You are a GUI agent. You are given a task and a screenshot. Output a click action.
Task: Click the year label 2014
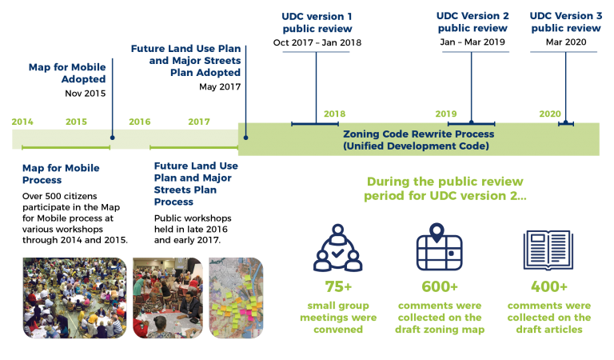click(x=22, y=122)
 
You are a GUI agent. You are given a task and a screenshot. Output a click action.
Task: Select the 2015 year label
click(x=77, y=122)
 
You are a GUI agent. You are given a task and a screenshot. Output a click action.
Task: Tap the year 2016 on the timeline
click(x=140, y=122)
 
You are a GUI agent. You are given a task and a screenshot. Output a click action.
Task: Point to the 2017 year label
click(x=199, y=122)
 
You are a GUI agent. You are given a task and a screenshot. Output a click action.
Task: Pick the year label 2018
click(x=334, y=114)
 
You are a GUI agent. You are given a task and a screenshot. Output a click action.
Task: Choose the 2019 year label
click(x=446, y=114)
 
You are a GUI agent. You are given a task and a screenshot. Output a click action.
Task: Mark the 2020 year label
click(x=550, y=114)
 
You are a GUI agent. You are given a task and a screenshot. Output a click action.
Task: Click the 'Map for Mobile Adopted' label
click(x=67, y=74)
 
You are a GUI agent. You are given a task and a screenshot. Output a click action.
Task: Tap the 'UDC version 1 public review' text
click(x=317, y=22)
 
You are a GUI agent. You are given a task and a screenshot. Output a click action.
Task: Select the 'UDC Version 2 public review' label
click(x=472, y=22)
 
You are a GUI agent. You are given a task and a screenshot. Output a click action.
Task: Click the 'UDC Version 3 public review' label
click(x=566, y=22)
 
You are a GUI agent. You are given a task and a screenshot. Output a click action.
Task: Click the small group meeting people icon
click(x=337, y=250)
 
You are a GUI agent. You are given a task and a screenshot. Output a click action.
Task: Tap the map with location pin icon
click(x=439, y=248)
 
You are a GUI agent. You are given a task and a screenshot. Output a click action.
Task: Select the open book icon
click(x=548, y=250)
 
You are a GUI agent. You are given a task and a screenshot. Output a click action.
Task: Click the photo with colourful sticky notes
click(x=236, y=298)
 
